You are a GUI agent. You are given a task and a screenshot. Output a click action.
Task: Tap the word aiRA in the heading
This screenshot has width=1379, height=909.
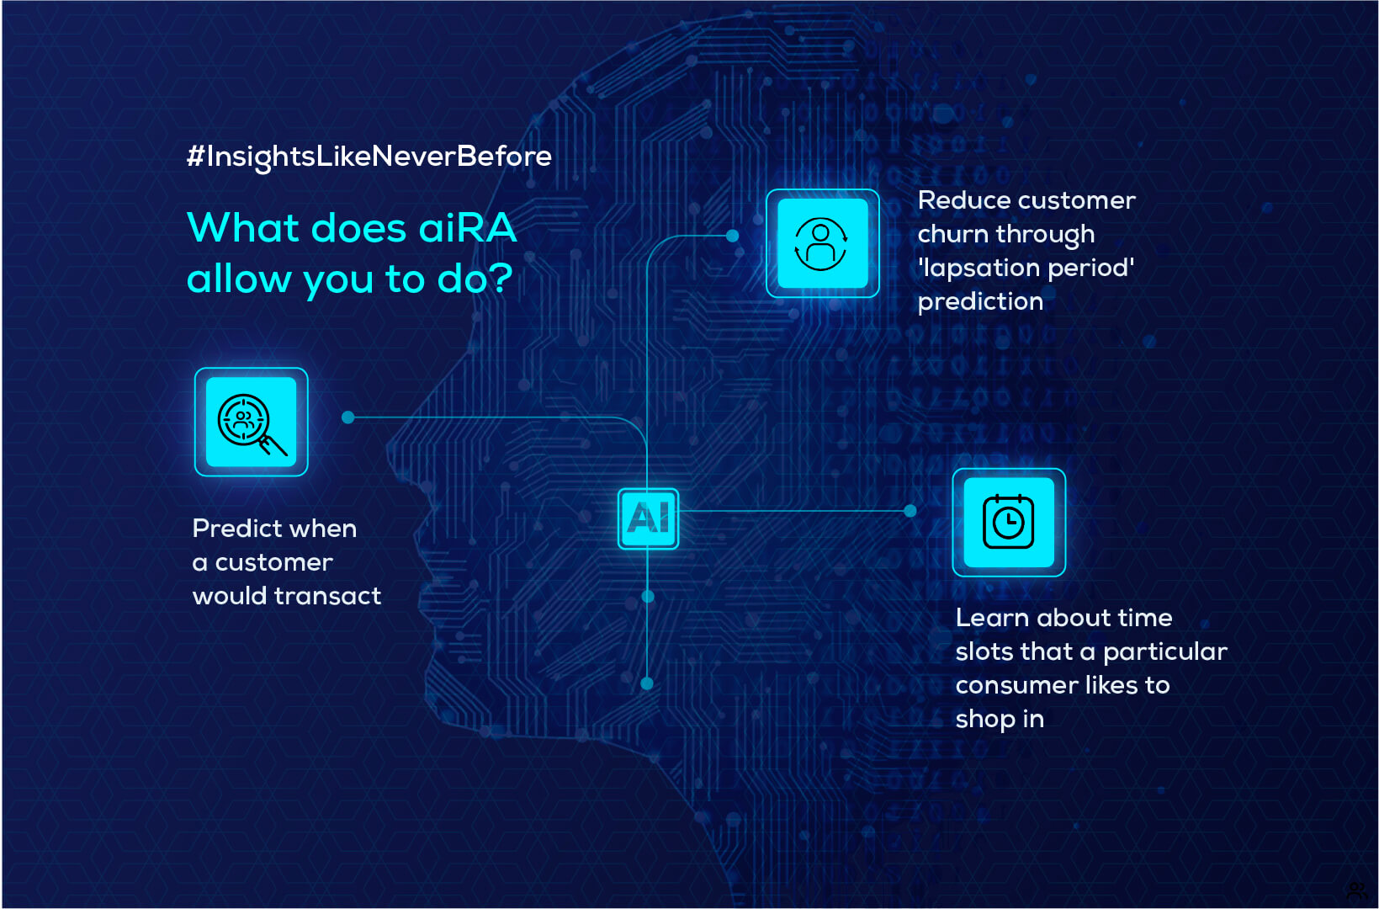pyautogui.click(x=467, y=228)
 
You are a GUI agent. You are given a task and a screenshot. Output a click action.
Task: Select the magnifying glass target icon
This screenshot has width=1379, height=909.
pyautogui.click(x=252, y=422)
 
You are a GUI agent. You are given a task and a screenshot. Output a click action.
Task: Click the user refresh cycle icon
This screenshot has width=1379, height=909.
pyautogui.click(x=823, y=243)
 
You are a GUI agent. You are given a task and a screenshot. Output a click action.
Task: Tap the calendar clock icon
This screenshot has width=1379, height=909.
pyautogui.click(x=1009, y=522)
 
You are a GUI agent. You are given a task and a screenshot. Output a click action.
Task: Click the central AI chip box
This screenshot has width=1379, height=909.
pyautogui.click(x=648, y=518)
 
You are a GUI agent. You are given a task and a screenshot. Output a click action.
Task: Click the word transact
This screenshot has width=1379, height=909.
pyautogui.click(x=327, y=596)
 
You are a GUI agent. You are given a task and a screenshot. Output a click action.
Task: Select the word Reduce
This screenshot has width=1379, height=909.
pyautogui.click(x=960, y=200)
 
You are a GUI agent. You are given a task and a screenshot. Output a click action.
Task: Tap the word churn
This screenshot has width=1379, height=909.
pyautogui.click(x=952, y=234)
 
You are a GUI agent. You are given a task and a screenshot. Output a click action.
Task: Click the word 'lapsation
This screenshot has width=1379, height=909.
pyautogui.click(x=979, y=268)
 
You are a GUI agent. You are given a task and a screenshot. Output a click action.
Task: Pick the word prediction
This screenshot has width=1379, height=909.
pyautogui.click(x=981, y=302)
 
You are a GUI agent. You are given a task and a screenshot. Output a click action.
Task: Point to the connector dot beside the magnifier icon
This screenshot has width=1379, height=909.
pyautogui.click(x=347, y=417)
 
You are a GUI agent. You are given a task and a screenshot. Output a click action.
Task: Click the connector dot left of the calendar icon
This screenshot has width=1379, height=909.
pyautogui.click(x=910, y=511)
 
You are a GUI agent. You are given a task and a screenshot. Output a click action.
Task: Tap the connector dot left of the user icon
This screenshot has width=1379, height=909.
pyautogui.click(x=732, y=236)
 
